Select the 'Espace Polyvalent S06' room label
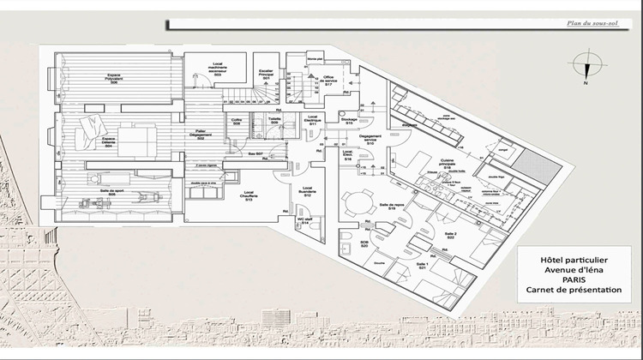(107, 75)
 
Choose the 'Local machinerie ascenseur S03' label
(218, 69)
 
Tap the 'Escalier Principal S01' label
(266, 75)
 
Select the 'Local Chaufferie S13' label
(249, 195)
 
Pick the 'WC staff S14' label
(304, 221)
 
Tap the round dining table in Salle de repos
(353, 202)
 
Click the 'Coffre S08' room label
(237, 122)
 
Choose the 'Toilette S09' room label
(274, 122)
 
